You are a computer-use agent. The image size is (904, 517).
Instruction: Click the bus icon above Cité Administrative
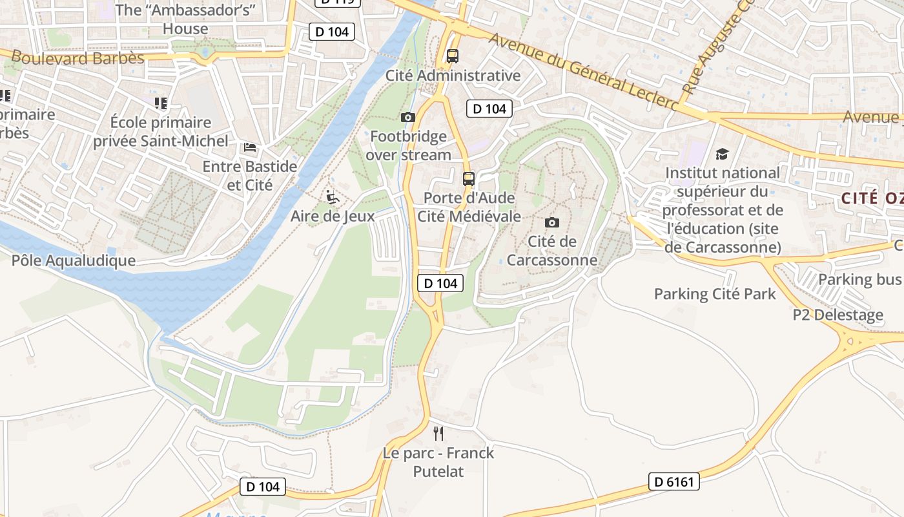[x=452, y=56]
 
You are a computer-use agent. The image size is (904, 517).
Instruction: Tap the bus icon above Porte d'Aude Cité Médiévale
[x=469, y=178]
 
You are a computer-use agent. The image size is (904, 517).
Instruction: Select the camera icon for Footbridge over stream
[x=407, y=117]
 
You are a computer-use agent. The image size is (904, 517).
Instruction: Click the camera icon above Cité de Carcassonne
[x=552, y=222]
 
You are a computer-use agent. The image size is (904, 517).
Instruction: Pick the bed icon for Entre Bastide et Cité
[x=250, y=147]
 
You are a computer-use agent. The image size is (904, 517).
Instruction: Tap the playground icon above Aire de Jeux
[x=333, y=196]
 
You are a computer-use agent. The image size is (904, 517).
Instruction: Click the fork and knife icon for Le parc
[x=438, y=433]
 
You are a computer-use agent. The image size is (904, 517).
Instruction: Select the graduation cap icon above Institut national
[x=722, y=154]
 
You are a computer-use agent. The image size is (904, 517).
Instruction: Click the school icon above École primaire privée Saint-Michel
[x=161, y=103]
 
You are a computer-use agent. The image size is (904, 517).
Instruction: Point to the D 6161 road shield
[x=673, y=481]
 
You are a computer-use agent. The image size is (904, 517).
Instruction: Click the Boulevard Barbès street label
[x=77, y=58]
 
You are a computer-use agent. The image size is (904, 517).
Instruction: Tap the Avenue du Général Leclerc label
[x=584, y=71]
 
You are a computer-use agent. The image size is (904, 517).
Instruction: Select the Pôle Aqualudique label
[x=74, y=260]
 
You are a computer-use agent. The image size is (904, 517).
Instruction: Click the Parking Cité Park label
[x=715, y=294]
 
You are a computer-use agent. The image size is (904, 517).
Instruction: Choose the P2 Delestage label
[x=838, y=315]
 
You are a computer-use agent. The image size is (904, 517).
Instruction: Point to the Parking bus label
[x=859, y=279]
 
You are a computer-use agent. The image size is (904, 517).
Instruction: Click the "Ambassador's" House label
[x=186, y=19]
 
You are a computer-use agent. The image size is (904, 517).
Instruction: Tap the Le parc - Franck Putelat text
[x=438, y=462]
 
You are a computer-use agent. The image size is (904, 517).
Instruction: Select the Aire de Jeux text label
[x=333, y=216]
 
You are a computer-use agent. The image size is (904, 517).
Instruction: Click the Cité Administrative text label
[x=453, y=76]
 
